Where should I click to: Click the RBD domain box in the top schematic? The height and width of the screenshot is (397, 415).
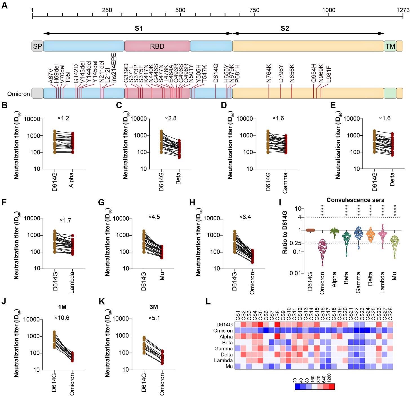pos(157,46)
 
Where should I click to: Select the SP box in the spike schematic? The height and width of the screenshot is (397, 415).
pos(37,46)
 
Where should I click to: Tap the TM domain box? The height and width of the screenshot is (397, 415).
pos(390,46)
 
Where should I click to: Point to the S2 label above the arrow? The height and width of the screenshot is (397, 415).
pos(285,28)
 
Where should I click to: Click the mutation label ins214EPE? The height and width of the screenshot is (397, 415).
pos(114,68)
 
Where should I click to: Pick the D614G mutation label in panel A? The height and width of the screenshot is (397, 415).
pos(216,73)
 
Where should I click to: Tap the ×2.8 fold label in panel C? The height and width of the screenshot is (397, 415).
pos(170,118)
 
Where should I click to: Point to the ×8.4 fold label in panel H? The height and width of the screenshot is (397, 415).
pos(245,217)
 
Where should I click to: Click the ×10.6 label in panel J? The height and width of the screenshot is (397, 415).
pos(62,318)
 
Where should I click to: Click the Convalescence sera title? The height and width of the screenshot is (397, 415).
pos(355,200)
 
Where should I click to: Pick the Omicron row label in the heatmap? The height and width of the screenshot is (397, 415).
pos(223,331)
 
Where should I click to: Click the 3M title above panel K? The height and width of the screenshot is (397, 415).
pos(154,307)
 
